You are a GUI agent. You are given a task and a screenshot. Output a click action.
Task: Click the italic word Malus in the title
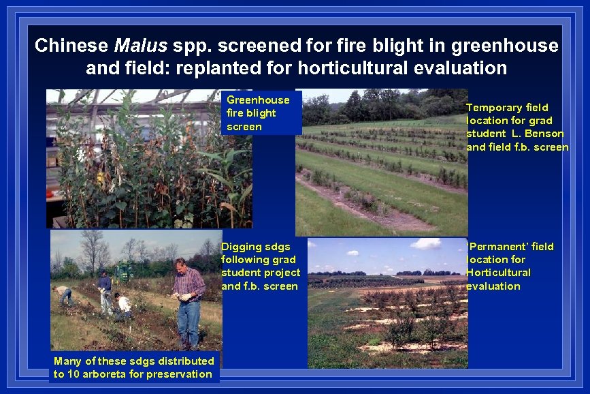coord(140,46)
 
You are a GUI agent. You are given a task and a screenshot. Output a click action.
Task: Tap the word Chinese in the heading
coord(71,46)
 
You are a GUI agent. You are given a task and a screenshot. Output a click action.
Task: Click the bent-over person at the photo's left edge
coord(64,294)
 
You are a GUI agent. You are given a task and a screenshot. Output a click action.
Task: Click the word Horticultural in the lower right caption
coord(498,273)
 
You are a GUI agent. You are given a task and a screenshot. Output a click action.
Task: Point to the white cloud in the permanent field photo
coord(425,243)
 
